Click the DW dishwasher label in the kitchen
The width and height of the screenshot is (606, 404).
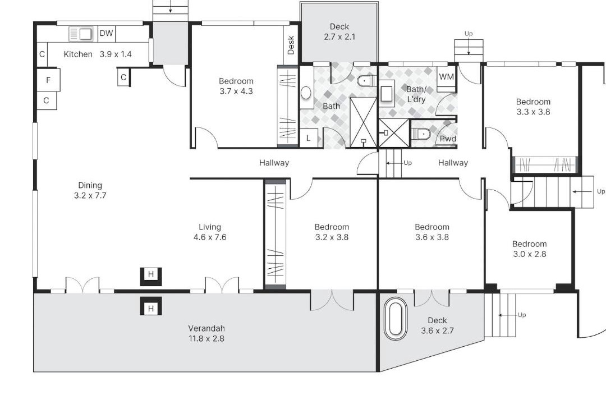tap(106, 33)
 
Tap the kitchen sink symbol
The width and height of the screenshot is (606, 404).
tap(81, 34)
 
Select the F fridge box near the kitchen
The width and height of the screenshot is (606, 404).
tap(48, 80)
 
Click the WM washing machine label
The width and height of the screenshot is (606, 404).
tap(447, 76)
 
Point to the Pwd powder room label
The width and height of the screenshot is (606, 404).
tap(448, 139)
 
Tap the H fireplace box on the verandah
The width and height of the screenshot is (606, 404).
tap(151, 308)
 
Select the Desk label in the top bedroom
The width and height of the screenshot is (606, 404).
tap(291, 45)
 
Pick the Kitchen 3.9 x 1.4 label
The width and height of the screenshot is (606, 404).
tap(98, 54)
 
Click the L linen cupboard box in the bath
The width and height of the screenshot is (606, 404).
tap(309, 137)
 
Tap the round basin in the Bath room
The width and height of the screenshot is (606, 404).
tap(306, 93)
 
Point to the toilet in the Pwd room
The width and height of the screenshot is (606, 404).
tap(421, 134)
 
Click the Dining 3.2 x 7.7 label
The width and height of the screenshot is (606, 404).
tap(90, 190)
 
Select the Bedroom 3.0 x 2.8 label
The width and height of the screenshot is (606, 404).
tap(529, 249)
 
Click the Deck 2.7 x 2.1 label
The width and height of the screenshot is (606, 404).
tap(339, 31)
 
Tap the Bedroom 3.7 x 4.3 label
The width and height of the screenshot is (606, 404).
tap(236, 86)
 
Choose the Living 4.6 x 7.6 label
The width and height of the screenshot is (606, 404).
tap(210, 232)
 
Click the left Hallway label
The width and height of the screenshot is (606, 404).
tap(274, 163)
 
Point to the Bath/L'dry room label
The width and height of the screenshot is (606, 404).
tap(416, 94)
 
